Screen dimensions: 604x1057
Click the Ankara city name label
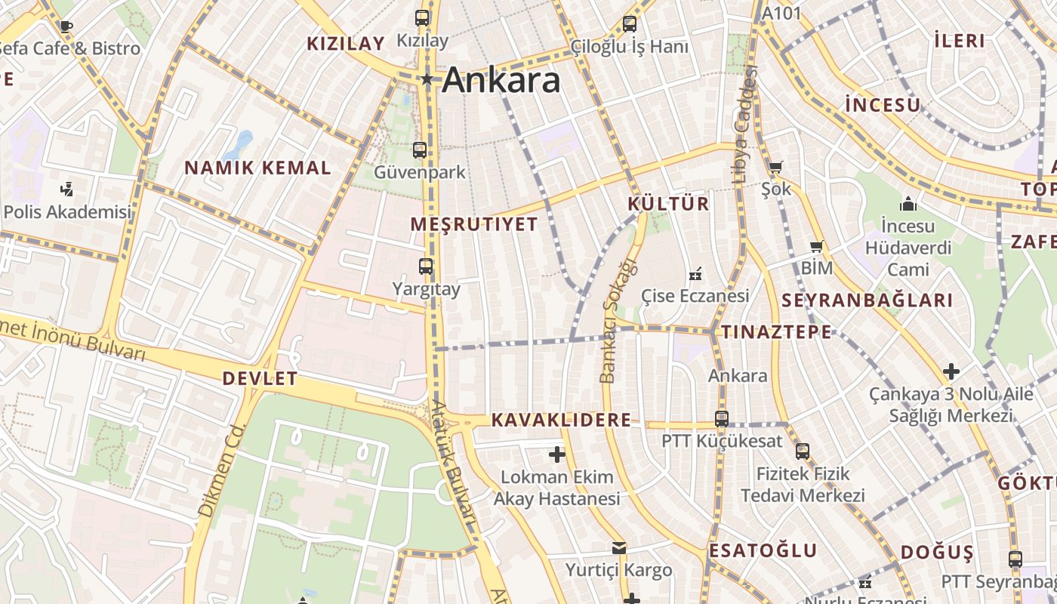point(501,80)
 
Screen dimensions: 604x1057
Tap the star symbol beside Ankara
point(427,79)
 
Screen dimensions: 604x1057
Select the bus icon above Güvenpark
point(420,150)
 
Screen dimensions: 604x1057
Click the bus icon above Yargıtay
point(426,267)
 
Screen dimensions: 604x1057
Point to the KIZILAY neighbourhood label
point(346,44)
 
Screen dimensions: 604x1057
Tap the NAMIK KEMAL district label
point(258,168)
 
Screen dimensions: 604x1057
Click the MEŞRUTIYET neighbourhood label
point(474,224)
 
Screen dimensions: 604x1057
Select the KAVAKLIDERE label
point(561,421)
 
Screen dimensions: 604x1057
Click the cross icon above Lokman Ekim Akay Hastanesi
point(557,455)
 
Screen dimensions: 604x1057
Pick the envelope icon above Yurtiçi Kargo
point(619,547)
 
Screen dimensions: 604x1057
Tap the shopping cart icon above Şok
point(775,167)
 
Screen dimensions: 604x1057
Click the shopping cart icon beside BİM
point(816,247)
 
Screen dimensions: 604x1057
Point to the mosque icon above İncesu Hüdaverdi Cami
point(908,204)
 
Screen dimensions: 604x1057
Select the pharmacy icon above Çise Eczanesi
point(695,273)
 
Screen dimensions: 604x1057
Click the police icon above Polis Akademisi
point(67,189)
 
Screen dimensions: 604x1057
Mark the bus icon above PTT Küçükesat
point(722,418)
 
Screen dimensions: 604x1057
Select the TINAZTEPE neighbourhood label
point(776,332)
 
